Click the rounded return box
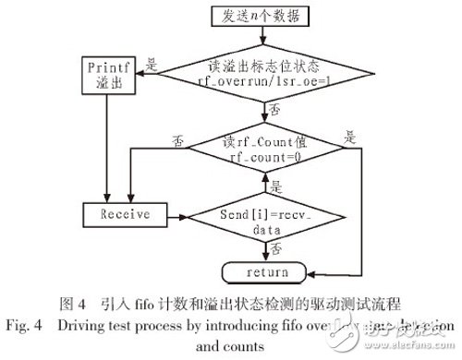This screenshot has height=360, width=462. pyautogui.click(x=266, y=272)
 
